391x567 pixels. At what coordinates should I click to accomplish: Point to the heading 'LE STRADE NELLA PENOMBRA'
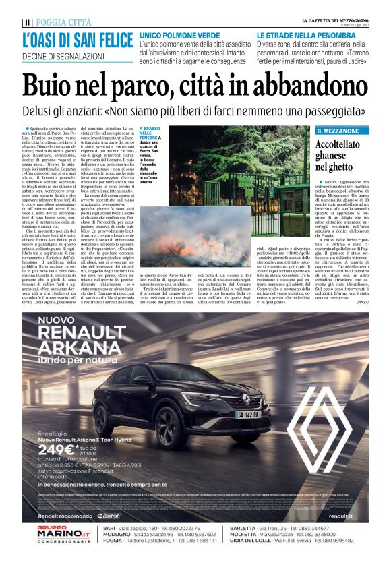pyautogui.click(x=304, y=34)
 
